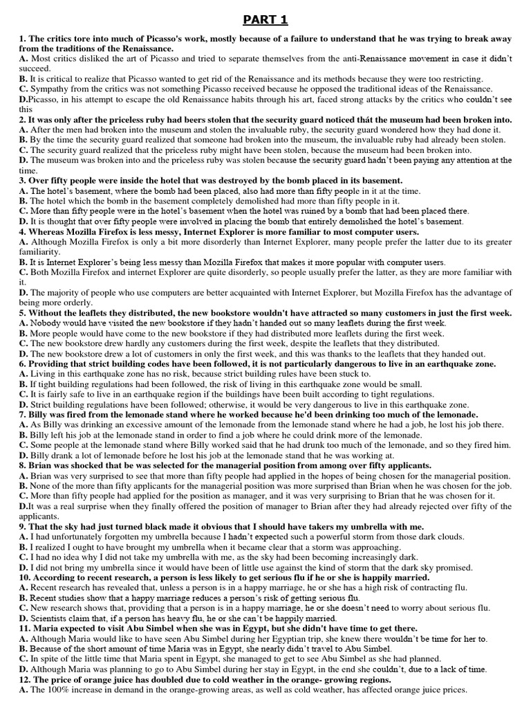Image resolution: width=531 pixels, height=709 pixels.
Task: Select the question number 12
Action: click(26, 681)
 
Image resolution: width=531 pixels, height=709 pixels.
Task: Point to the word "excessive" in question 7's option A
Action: click(162, 424)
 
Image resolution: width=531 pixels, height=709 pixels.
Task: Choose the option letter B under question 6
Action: click(24, 384)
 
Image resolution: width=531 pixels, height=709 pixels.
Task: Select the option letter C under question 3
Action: click(24, 211)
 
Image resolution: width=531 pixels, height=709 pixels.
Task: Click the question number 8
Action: click(23, 466)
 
